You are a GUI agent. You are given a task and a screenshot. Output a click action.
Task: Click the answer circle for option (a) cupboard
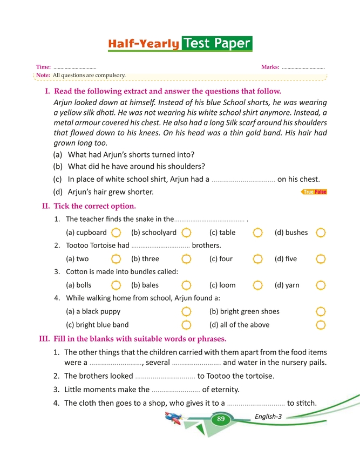click(x=116, y=233)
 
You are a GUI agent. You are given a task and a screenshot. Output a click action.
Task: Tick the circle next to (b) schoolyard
click(x=187, y=233)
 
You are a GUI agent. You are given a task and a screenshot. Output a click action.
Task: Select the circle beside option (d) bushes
click(x=321, y=233)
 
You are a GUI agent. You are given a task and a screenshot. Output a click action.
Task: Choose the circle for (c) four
click(x=258, y=259)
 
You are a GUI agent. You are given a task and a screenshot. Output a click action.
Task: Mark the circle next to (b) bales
click(x=187, y=285)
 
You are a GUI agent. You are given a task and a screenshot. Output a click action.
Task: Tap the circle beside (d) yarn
click(x=321, y=285)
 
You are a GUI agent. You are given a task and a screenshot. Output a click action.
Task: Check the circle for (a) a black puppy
click(x=187, y=311)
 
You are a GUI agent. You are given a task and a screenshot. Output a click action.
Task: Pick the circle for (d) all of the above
click(x=321, y=325)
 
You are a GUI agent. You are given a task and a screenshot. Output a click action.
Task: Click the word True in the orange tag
click(x=309, y=192)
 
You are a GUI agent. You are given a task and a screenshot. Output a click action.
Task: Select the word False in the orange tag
click(x=321, y=192)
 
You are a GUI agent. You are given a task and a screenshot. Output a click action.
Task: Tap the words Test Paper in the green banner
click(x=217, y=43)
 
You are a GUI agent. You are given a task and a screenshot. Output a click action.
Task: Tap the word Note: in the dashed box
click(x=43, y=75)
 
